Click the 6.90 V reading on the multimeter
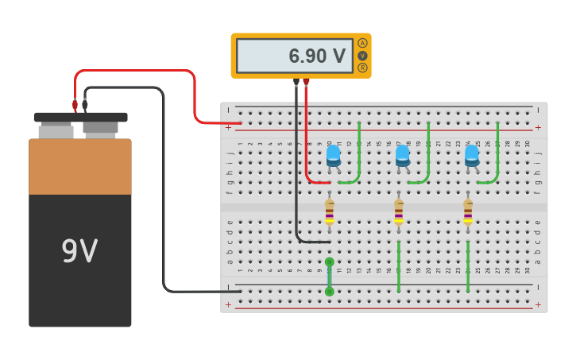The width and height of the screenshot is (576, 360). click(316, 56)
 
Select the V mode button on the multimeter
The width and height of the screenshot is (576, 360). click(362, 56)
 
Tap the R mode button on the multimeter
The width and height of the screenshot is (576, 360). click(362, 68)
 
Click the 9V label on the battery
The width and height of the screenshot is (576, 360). click(79, 252)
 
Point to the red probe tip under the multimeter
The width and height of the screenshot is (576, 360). click(306, 82)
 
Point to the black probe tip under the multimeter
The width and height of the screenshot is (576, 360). click(296, 82)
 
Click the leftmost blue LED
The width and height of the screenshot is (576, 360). click(333, 156)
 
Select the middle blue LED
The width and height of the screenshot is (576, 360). click(403, 156)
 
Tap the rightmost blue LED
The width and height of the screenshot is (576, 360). click(472, 156)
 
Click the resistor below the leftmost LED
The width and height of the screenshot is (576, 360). click(329, 211)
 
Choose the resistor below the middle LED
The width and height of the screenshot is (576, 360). click(399, 211)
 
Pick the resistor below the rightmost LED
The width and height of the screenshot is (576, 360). click(468, 211)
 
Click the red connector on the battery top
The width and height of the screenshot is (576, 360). click(75, 104)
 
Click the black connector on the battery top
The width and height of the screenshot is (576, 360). click(85, 104)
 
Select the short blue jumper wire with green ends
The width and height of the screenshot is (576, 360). click(330, 277)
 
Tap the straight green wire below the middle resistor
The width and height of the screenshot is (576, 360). click(399, 266)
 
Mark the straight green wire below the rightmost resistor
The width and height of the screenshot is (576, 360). click(468, 266)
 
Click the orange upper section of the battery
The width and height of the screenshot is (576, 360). click(79, 167)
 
